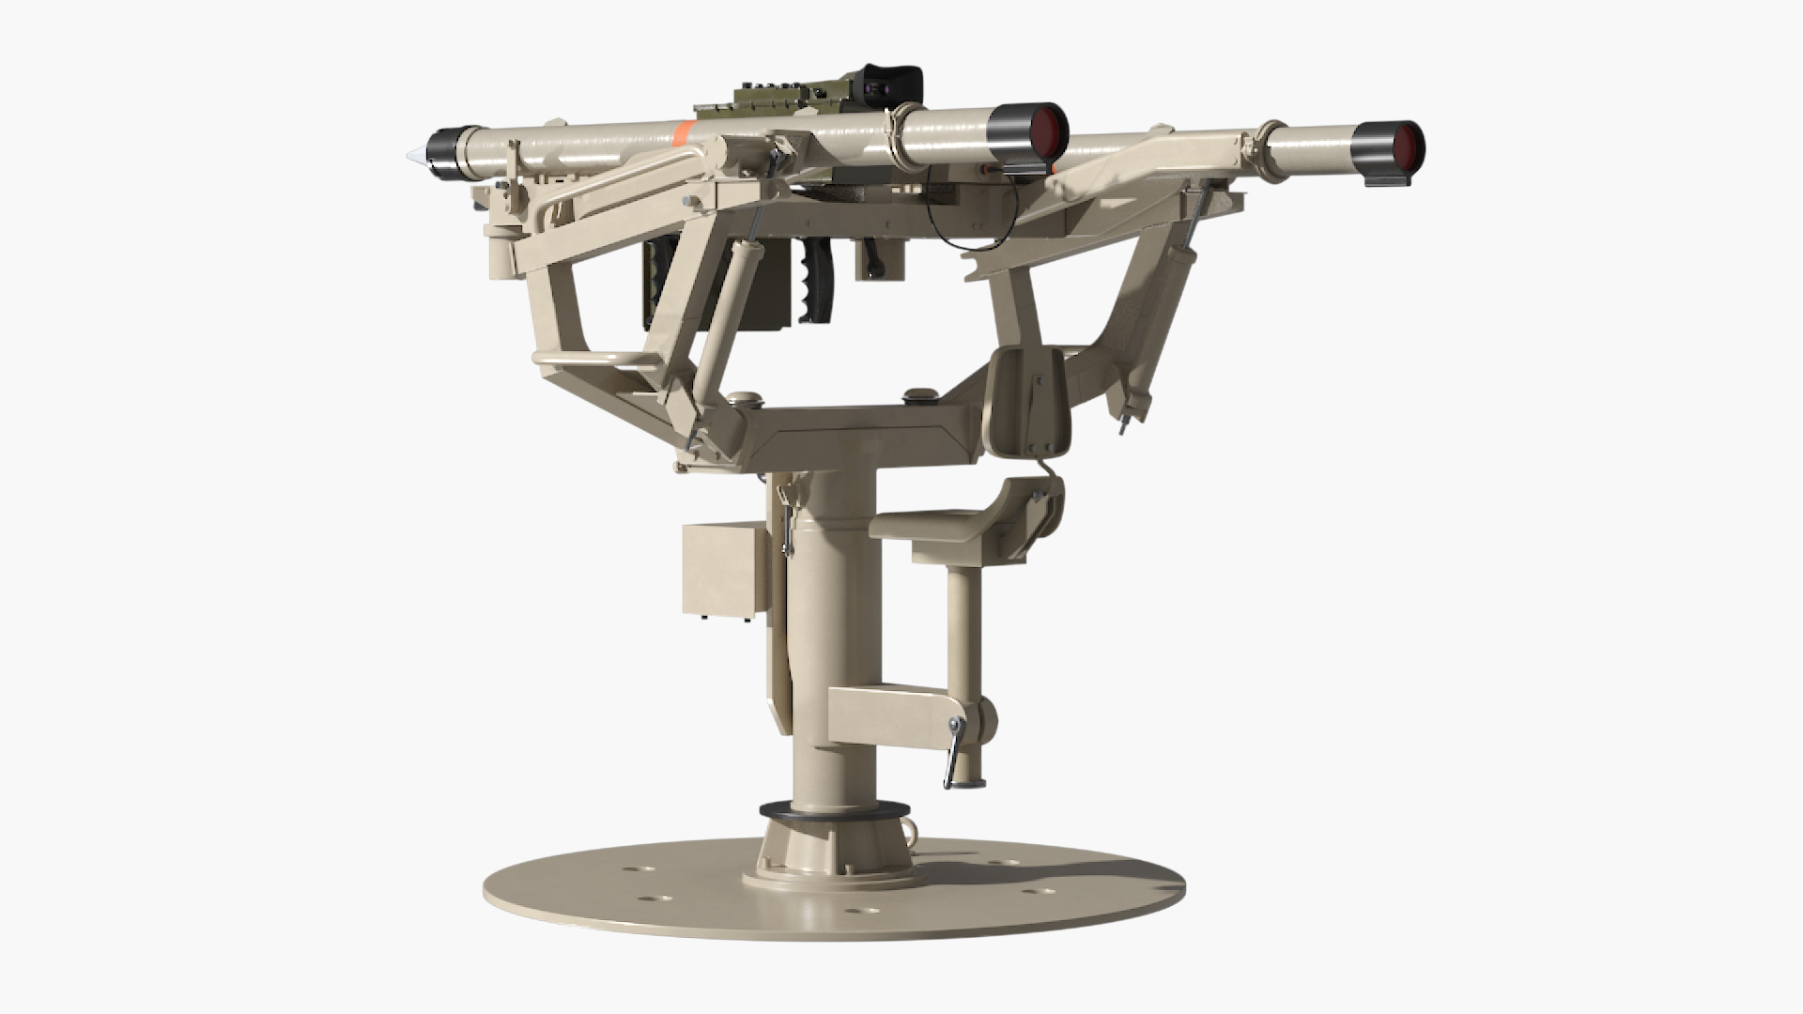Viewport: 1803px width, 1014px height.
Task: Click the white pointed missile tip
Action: [412, 155]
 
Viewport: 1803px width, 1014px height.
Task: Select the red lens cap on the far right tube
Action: [1405, 144]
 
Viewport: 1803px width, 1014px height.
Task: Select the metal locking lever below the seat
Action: [955, 751]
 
